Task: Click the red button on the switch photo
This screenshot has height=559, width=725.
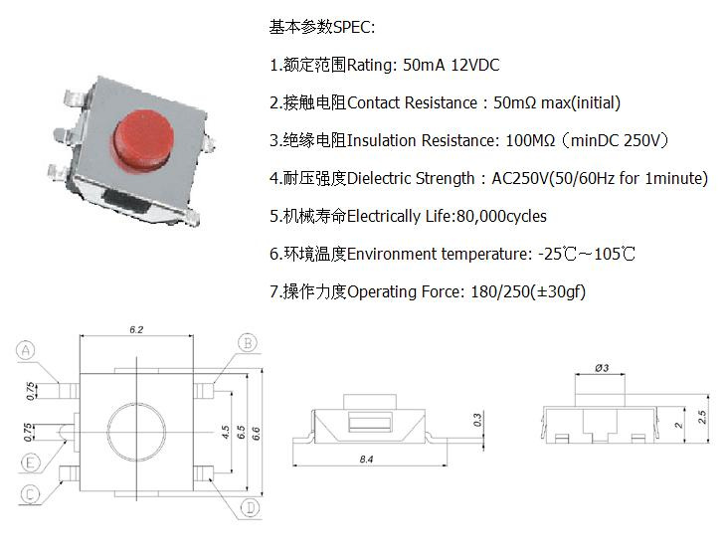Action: point(144,139)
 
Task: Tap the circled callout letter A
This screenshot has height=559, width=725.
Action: point(26,350)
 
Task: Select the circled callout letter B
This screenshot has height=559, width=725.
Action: point(248,343)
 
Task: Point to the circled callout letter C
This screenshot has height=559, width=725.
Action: point(30,494)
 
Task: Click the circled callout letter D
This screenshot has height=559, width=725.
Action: point(251,508)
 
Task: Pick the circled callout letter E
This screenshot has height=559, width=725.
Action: point(31,463)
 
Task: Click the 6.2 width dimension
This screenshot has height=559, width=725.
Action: point(136,329)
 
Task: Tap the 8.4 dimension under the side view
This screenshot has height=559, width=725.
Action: point(366,460)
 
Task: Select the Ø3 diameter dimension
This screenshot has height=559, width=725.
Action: point(602,368)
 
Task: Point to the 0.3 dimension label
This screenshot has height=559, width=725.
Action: point(477,420)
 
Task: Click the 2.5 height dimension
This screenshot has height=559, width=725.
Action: point(702,417)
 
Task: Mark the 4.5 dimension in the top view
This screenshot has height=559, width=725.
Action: point(226,433)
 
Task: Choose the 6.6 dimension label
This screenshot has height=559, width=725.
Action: point(256,434)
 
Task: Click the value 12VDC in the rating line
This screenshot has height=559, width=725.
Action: point(475,65)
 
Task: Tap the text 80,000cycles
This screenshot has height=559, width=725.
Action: point(501,216)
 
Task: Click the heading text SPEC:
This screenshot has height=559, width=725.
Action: point(354,27)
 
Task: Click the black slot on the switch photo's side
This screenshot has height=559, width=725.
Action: point(126,201)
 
